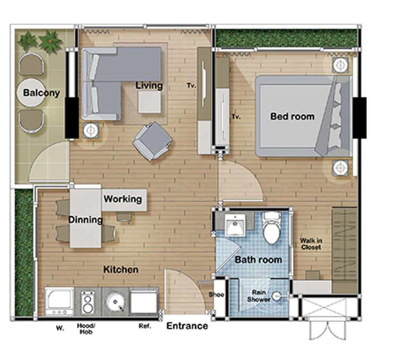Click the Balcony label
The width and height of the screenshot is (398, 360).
click(41, 93)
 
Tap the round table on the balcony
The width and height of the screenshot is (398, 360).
click(31, 92)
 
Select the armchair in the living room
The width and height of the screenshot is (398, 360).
click(152, 141)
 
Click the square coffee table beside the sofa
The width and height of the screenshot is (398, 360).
click(150, 102)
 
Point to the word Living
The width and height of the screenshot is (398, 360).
click(149, 85)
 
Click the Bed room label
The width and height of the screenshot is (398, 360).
click(292, 116)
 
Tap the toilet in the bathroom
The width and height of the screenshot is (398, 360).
click(272, 228)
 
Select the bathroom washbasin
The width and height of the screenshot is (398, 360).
click(235, 225)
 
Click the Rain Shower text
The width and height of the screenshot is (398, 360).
click(258, 296)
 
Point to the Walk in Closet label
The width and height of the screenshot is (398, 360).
click(311, 244)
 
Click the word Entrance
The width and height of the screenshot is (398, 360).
click(187, 325)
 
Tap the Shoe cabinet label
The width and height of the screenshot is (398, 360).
click(217, 295)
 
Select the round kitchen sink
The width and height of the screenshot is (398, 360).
click(116, 302)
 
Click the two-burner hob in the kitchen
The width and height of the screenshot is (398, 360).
click(88, 302)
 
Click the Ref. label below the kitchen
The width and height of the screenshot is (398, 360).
click(145, 326)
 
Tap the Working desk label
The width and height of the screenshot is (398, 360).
click(123, 199)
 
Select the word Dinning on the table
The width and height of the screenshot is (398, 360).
click(85, 219)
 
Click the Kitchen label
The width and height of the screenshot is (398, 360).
click(121, 269)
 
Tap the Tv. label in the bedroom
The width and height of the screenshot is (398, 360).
click(236, 117)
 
